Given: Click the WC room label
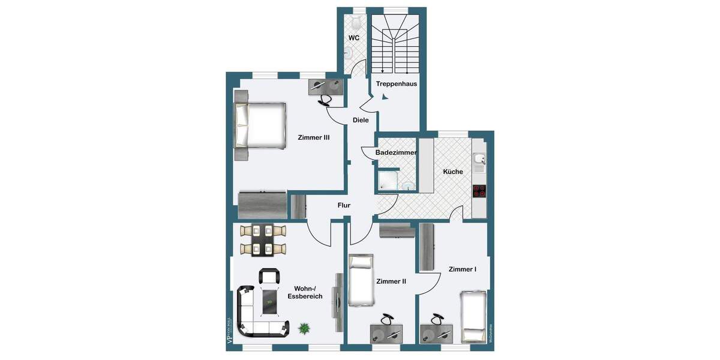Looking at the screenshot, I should tap(354, 38).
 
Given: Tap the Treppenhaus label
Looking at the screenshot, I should tap(396, 84).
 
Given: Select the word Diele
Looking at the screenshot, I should tap(361, 120).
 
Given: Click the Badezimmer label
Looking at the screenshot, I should tap(396, 153).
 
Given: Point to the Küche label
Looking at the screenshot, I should tap(453, 172).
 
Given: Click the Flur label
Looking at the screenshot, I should tap(344, 205).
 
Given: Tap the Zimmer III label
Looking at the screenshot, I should tap(314, 137).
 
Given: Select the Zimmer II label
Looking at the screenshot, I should tap(391, 281).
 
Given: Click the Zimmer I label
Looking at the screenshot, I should tap(462, 269).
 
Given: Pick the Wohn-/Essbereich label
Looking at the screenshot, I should tap(305, 292).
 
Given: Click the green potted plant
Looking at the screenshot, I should tap(305, 328).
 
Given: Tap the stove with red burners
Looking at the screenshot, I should tap(479, 191).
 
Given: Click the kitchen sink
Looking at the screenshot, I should tap(479, 160).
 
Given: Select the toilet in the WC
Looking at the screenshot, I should tap(356, 23).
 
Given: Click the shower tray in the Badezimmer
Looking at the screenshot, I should tap(388, 181).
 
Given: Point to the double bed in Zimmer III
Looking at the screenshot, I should tap(259, 126).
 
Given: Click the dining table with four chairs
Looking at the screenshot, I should tap(263, 239).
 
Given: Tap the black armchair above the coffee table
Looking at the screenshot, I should tap(269, 277).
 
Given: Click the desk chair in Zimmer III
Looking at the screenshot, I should tap(327, 100).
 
